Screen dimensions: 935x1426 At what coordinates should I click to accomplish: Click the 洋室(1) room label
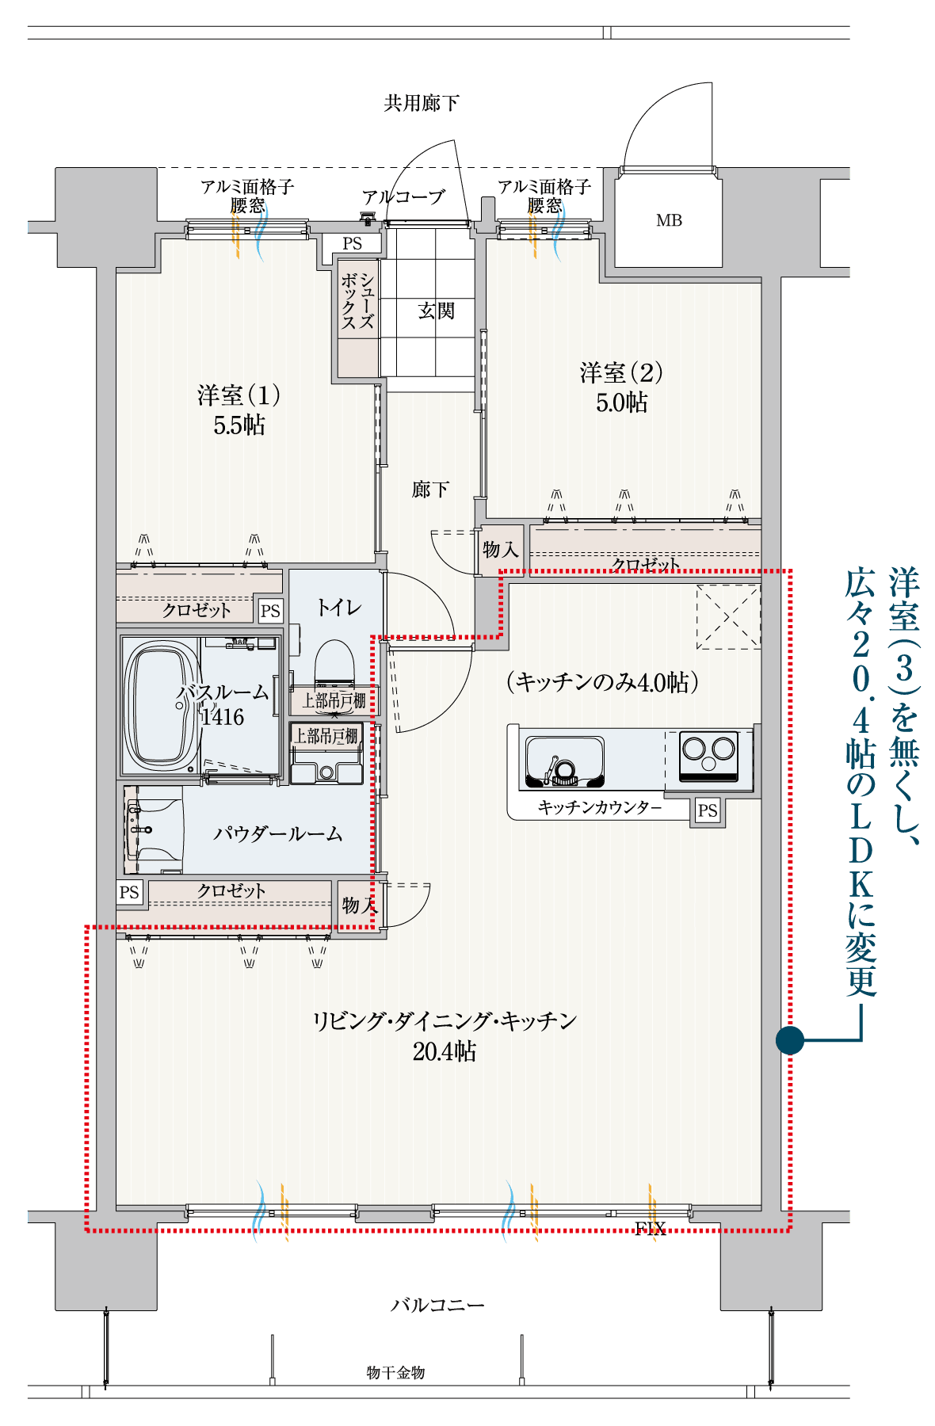click(239, 395)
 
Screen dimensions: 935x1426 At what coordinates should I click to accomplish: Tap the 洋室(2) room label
click(621, 372)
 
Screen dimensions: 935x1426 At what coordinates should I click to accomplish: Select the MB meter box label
click(669, 220)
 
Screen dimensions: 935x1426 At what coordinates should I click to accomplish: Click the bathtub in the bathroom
click(161, 705)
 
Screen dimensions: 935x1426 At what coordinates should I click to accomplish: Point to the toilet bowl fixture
click(334, 664)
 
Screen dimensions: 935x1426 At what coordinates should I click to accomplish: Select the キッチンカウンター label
click(600, 807)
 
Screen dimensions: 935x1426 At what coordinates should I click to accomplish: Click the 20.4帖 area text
click(445, 1051)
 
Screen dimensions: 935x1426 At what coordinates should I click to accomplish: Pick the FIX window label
click(650, 1229)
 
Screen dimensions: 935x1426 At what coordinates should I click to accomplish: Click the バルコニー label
click(437, 1305)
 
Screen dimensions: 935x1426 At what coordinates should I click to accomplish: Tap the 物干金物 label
click(395, 1372)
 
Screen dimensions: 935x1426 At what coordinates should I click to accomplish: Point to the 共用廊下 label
click(422, 103)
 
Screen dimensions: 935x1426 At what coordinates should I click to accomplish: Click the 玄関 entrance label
click(437, 311)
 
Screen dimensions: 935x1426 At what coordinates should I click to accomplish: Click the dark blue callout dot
click(790, 1039)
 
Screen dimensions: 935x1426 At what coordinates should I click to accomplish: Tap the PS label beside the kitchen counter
click(708, 810)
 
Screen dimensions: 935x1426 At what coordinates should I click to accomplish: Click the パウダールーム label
click(278, 833)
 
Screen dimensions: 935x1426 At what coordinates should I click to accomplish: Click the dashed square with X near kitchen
click(728, 616)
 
